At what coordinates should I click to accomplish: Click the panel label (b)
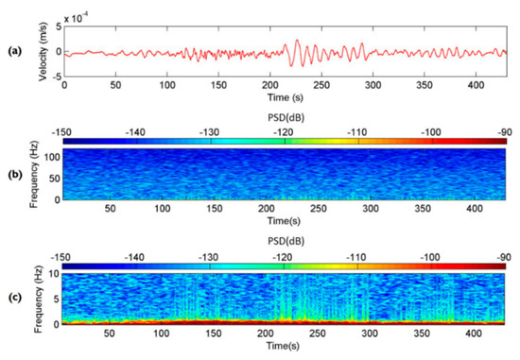coord(15,173)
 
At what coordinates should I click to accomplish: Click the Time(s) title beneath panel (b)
coord(281,221)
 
